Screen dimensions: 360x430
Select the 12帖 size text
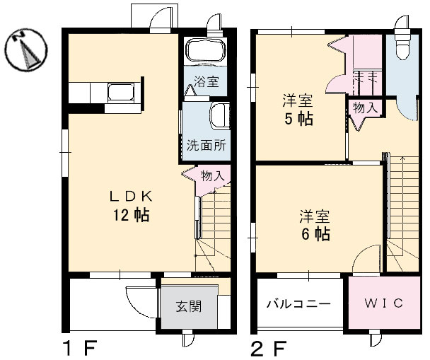coord(129,215)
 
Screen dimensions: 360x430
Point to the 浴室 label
coord(206,81)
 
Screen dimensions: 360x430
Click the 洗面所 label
coord(207,146)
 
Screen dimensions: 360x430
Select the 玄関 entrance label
coord(188,307)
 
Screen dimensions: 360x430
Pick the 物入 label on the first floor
coord(211,175)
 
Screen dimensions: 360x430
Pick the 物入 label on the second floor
coord(365,108)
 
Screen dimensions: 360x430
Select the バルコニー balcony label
coord(298,305)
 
